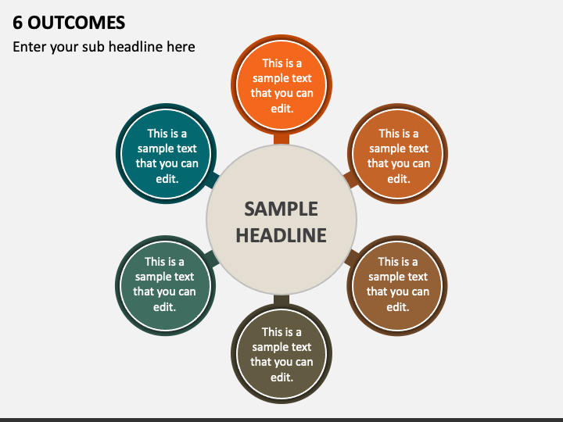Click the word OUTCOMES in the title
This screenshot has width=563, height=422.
(77, 23)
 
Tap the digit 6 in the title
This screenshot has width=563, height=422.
(17, 23)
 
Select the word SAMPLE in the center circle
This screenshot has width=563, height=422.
(281, 209)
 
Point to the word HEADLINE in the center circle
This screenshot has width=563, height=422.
(281, 235)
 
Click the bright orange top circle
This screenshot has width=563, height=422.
(281, 84)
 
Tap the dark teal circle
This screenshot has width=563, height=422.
(167, 154)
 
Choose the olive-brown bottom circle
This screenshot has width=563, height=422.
(281, 354)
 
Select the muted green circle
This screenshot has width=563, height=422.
(165, 286)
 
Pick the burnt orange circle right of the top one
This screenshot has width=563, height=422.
(398, 154)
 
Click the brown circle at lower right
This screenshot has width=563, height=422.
(397, 286)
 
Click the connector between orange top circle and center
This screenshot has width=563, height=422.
(281, 139)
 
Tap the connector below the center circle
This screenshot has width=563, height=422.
(281, 300)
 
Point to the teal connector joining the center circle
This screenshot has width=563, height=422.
(213, 181)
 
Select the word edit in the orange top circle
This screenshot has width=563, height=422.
(281, 109)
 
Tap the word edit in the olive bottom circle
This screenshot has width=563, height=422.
(281, 377)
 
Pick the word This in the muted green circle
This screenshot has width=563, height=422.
(154, 262)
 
